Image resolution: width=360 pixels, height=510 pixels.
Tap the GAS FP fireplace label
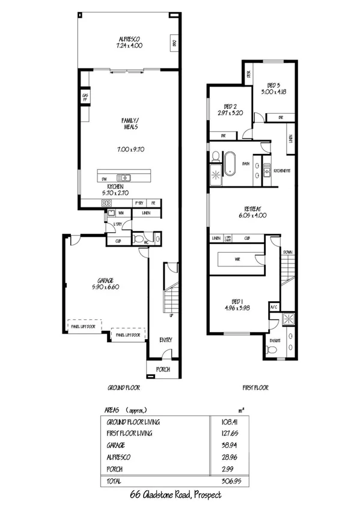(x=85, y=97)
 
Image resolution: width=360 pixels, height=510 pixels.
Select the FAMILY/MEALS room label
(x=130, y=124)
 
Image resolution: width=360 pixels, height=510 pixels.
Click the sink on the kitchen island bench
(x=126, y=177)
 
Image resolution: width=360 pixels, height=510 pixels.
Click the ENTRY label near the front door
(x=166, y=340)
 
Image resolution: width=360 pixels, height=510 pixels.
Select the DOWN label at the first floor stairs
(x=288, y=252)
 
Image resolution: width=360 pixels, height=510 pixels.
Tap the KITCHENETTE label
(x=282, y=171)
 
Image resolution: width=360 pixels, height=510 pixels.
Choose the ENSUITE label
(x=275, y=340)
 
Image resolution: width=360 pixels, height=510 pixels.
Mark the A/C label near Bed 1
(x=273, y=307)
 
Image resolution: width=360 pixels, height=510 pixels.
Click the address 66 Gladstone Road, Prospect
(x=175, y=494)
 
